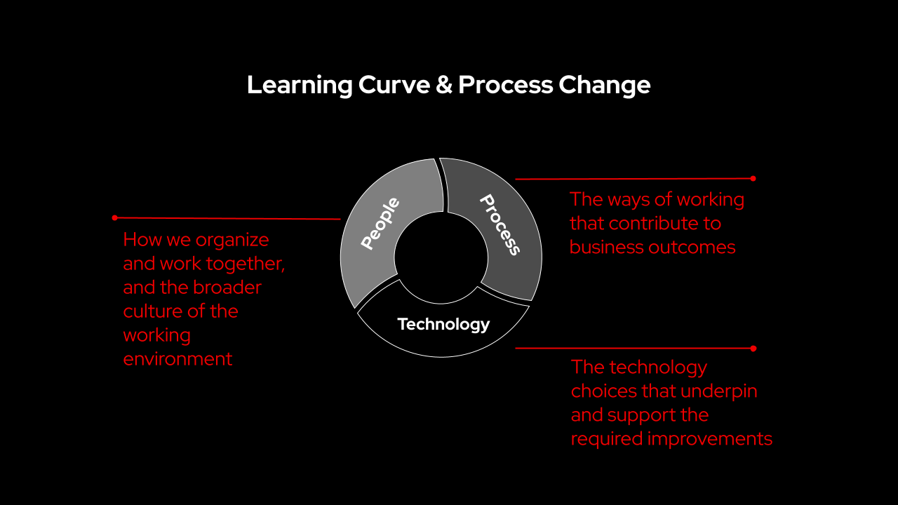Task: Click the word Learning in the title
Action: click(300, 85)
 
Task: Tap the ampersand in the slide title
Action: click(444, 85)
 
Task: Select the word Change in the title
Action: click(604, 85)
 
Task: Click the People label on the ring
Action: click(380, 223)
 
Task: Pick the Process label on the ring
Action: click(500, 225)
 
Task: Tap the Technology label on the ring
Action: click(443, 324)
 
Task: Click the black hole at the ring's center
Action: click(441, 257)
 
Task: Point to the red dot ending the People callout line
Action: click(114, 217)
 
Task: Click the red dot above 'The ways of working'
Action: click(753, 178)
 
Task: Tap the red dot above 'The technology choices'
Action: click(753, 349)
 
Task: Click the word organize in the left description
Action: click(232, 241)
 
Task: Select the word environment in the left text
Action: click(177, 358)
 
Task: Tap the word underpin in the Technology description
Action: click(719, 391)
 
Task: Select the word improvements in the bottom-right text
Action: click(709, 439)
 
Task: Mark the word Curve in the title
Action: click(394, 85)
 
